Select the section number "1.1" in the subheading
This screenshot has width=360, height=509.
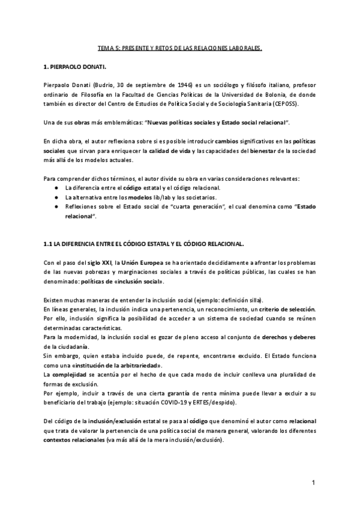pos(50,244)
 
